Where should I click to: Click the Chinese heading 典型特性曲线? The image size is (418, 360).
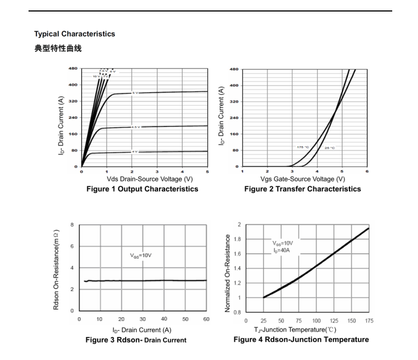[58, 49]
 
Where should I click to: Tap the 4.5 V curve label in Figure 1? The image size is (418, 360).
[135, 127]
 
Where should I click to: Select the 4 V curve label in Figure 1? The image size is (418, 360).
[135, 151]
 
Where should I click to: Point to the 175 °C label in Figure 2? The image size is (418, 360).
[303, 147]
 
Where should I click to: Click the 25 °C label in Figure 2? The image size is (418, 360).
[330, 147]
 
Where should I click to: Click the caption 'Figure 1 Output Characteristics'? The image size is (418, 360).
[143, 189]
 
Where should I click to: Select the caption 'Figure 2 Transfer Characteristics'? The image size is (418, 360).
[303, 189]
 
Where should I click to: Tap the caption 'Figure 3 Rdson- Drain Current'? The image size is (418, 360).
[136, 340]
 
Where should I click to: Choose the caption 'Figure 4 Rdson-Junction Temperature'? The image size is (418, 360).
[301, 340]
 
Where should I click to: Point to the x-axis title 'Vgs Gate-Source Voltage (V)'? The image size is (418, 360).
[303, 179]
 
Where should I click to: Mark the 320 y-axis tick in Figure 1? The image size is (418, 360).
[73, 101]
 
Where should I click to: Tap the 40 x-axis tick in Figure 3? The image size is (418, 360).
[164, 319]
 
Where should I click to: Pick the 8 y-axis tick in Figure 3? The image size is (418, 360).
[71, 225]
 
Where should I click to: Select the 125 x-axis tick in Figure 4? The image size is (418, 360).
[334, 321]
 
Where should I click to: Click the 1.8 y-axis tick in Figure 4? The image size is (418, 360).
[238, 239]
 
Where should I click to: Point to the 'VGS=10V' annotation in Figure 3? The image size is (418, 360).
[141, 255]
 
